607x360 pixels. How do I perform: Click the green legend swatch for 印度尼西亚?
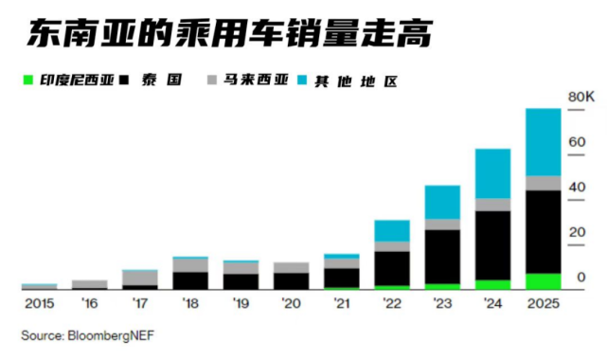click(27, 79)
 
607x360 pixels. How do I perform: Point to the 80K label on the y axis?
click(580, 98)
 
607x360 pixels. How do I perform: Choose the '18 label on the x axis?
click(190, 304)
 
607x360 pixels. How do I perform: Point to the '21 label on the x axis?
click(342, 304)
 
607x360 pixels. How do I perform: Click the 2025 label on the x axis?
click(544, 304)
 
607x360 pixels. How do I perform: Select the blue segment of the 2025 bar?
click(544, 142)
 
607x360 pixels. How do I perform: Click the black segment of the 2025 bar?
click(544, 232)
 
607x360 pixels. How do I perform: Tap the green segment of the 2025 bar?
click(544, 281)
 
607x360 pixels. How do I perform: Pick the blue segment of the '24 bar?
click(493, 173)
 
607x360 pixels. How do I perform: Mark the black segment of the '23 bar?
click(442, 257)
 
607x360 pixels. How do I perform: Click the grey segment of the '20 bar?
click(291, 267)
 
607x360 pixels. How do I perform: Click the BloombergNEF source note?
click(81, 334)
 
